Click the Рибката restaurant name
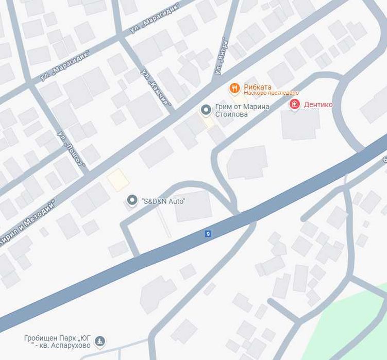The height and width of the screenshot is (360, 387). click(x=258, y=87)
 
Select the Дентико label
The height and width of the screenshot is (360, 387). click(x=318, y=105)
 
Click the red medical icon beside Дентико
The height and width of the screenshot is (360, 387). click(x=295, y=105)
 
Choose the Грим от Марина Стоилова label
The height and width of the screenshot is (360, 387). click(x=242, y=110)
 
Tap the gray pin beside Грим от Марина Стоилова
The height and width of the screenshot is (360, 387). click(x=206, y=110)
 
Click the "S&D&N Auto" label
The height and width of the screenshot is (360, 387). click(x=163, y=201)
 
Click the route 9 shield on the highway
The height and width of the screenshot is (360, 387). click(x=208, y=234)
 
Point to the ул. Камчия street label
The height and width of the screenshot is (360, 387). click(x=155, y=86)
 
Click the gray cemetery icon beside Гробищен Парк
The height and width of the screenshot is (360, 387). click(x=100, y=340)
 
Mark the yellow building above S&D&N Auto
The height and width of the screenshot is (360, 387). click(x=117, y=180)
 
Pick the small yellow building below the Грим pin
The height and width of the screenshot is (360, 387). click(x=207, y=122)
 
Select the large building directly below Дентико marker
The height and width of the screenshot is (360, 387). click(x=300, y=124)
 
